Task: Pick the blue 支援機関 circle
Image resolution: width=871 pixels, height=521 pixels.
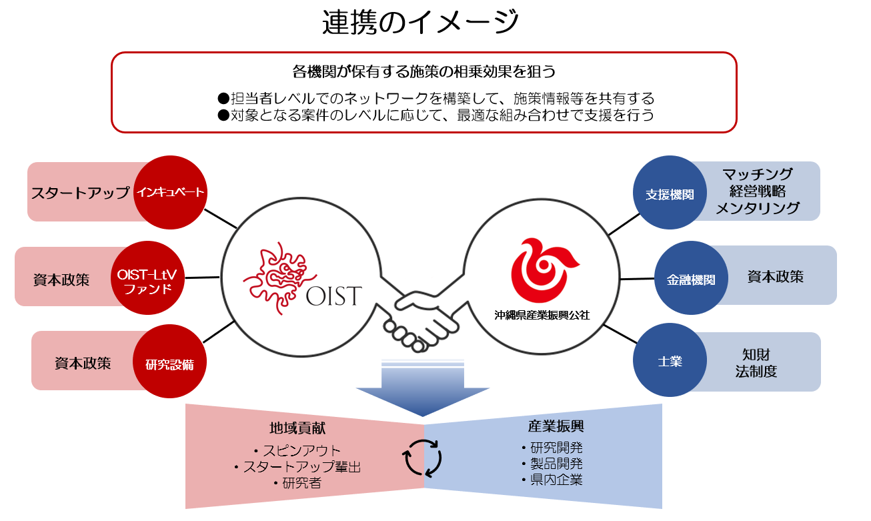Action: tap(669, 194)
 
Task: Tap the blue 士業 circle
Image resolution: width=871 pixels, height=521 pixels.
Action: tap(670, 362)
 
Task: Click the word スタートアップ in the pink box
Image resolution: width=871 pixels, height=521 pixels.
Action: tap(80, 193)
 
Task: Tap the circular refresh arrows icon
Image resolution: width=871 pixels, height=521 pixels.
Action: tap(423, 457)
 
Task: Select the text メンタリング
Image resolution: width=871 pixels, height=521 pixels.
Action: tap(758, 208)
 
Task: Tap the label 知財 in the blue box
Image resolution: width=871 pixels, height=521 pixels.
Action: tap(756, 354)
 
